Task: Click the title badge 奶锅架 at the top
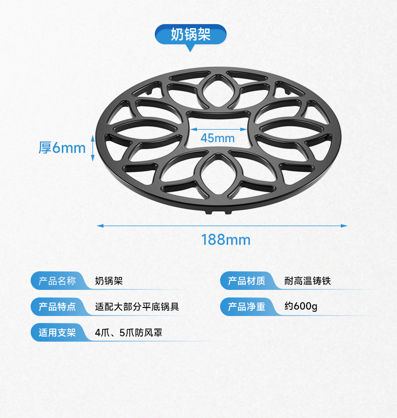pyautogui.click(x=190, y=34)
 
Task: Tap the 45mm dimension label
pyautogui.click(x=218, y=138)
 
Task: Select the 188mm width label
pyautogui.click(x=226, y=240)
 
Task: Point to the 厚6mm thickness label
pyautogui.click(x=62, y=148)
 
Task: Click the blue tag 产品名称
pyautogui.click(x=57, y=281)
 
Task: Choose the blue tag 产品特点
pyautogui.click(x=57, y=306)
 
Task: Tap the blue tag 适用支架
pyautogui.click(x=57, y=332)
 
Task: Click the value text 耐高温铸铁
pyautogui.click(x=308, y=281)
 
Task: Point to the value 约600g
pyautogui.click(x=301, y=306)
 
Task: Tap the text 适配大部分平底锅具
pyautogui.click(x=137, y=306)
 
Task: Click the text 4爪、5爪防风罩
pyautogui.click(x=128, y=332)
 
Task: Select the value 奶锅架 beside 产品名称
pyautogui.click(x=109, y=281)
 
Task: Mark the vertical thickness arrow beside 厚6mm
pyautogui.click(x=93, y=148)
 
